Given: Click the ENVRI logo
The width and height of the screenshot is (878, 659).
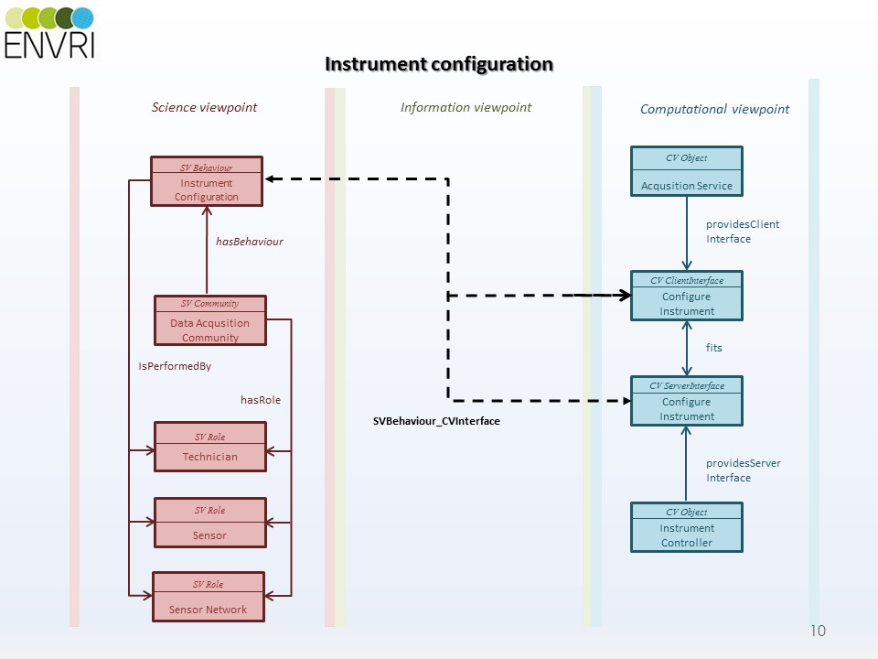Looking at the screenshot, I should click(49, 32).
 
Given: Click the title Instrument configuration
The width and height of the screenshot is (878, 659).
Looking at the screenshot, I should click(439, 64).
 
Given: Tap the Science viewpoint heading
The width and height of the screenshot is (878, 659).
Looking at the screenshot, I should click(204, 107).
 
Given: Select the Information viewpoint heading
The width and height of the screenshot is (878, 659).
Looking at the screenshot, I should click(466, 107).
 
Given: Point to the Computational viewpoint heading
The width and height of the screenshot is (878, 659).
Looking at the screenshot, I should click(714, 109).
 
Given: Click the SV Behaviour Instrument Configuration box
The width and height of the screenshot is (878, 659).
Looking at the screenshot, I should click(207, 181).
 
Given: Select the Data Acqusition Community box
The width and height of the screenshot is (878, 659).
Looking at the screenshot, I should click(209, 320).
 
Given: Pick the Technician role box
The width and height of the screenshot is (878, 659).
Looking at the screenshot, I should click(209, 447).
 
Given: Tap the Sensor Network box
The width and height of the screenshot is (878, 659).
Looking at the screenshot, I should click(208, 597).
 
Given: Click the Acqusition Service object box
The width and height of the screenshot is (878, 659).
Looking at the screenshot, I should click(687, 171).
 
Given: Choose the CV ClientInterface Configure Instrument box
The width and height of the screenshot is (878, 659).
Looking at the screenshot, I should click(687, 296).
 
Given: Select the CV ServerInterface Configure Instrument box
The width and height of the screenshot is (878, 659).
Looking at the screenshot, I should click(687, 401).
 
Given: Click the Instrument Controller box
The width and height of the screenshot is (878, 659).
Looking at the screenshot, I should click(687, 527).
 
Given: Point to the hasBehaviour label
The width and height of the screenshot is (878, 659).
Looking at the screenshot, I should click(250, 242).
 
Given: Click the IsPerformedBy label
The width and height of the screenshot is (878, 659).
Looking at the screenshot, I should click(175, 366).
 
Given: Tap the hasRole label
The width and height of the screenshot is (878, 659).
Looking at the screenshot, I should click(261, 400).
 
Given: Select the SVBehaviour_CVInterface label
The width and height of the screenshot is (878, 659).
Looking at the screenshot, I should click(436, 421).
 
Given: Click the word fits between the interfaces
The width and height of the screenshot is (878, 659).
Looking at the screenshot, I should click(714, 348).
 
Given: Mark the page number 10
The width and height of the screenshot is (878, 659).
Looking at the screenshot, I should click(818, 631).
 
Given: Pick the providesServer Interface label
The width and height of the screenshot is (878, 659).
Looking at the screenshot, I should click(743, 470).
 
